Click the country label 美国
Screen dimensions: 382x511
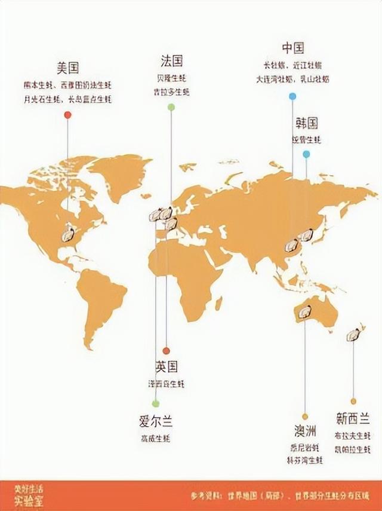coord(68,68)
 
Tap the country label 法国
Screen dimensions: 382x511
coord(171,61)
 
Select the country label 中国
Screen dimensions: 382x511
coord(292,48)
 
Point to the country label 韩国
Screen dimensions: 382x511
coord(306,124)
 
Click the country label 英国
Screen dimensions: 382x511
coord(166,367)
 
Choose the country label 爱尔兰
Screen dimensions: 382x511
coord(155,421)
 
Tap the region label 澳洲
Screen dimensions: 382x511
coord(305,431)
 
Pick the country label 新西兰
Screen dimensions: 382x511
coord(353,419)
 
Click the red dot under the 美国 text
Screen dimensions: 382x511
coord(67,115)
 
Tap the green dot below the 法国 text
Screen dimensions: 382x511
coord(171,107)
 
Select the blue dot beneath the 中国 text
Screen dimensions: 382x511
coord(292,96)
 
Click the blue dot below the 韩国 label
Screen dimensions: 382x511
coord(306,154)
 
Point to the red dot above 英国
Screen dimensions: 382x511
coord(166,351)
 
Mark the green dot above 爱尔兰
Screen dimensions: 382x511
coord(155,403)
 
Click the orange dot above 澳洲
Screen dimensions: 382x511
coord(305,417)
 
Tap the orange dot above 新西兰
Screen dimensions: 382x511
coord(353,401)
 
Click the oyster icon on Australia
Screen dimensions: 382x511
coord(304,312)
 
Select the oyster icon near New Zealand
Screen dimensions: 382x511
coord(354,334)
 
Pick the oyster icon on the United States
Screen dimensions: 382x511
coord(68,233)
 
